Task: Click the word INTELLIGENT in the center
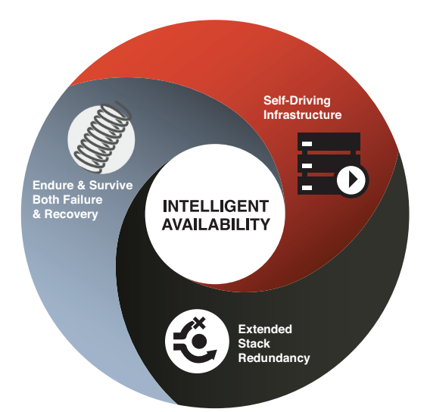click(x=216, y=206)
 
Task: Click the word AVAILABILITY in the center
click(x=216, y=224)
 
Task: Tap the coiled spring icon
click(x=103, y=137)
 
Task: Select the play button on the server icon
click(x=352, y=179)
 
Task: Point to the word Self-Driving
click(x=297, y=101)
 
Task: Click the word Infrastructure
click(x=302, y=114)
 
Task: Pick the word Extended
click(x=265, y=329)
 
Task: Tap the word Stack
click(x=254, y=344)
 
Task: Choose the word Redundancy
click(x=274, y=358)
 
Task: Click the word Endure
click(x=53, y=186)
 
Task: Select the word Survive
click(x=111, y=186)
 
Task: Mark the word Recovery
click(x=71, y=214)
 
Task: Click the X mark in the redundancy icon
click(x=200, y=323)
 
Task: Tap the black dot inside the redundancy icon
click(x=199, y=342)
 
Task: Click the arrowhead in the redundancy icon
click(x=210, y=355)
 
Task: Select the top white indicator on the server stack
click(x=307, y=144)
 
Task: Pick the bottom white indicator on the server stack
click(x=307, y=188)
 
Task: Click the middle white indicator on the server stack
click(x=307, y=165)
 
